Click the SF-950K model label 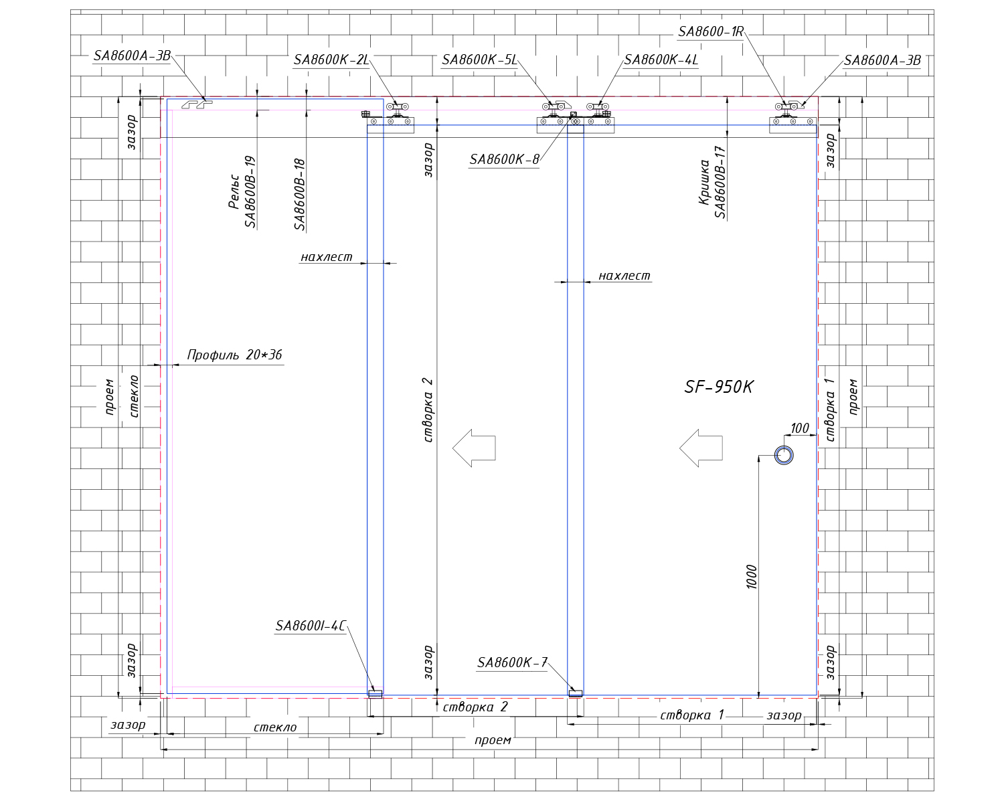point(718,387)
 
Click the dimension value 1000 point(751,577)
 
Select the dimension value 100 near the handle point(800,428)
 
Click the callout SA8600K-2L point(331,60)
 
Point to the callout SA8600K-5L point(480,60)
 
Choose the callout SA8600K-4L point(661,60)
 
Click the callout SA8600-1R point(711,31)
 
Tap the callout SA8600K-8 point(504,159)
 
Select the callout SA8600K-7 point(512,662)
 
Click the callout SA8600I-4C point(311,626)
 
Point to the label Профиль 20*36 point(235,355)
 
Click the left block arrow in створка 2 point(474,448)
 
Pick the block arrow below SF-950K point(701,448)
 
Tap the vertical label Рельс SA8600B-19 point(242,192)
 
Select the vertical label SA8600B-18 point(300,194)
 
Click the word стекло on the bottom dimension point(275,727)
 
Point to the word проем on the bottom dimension point(493,741)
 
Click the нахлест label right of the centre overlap point(624,276)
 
